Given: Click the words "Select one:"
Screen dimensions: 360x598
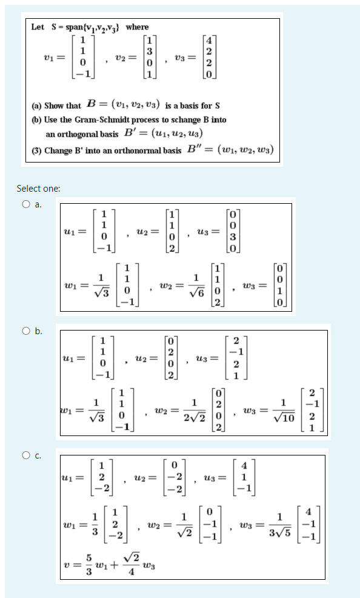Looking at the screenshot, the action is (x=38, y=189).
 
